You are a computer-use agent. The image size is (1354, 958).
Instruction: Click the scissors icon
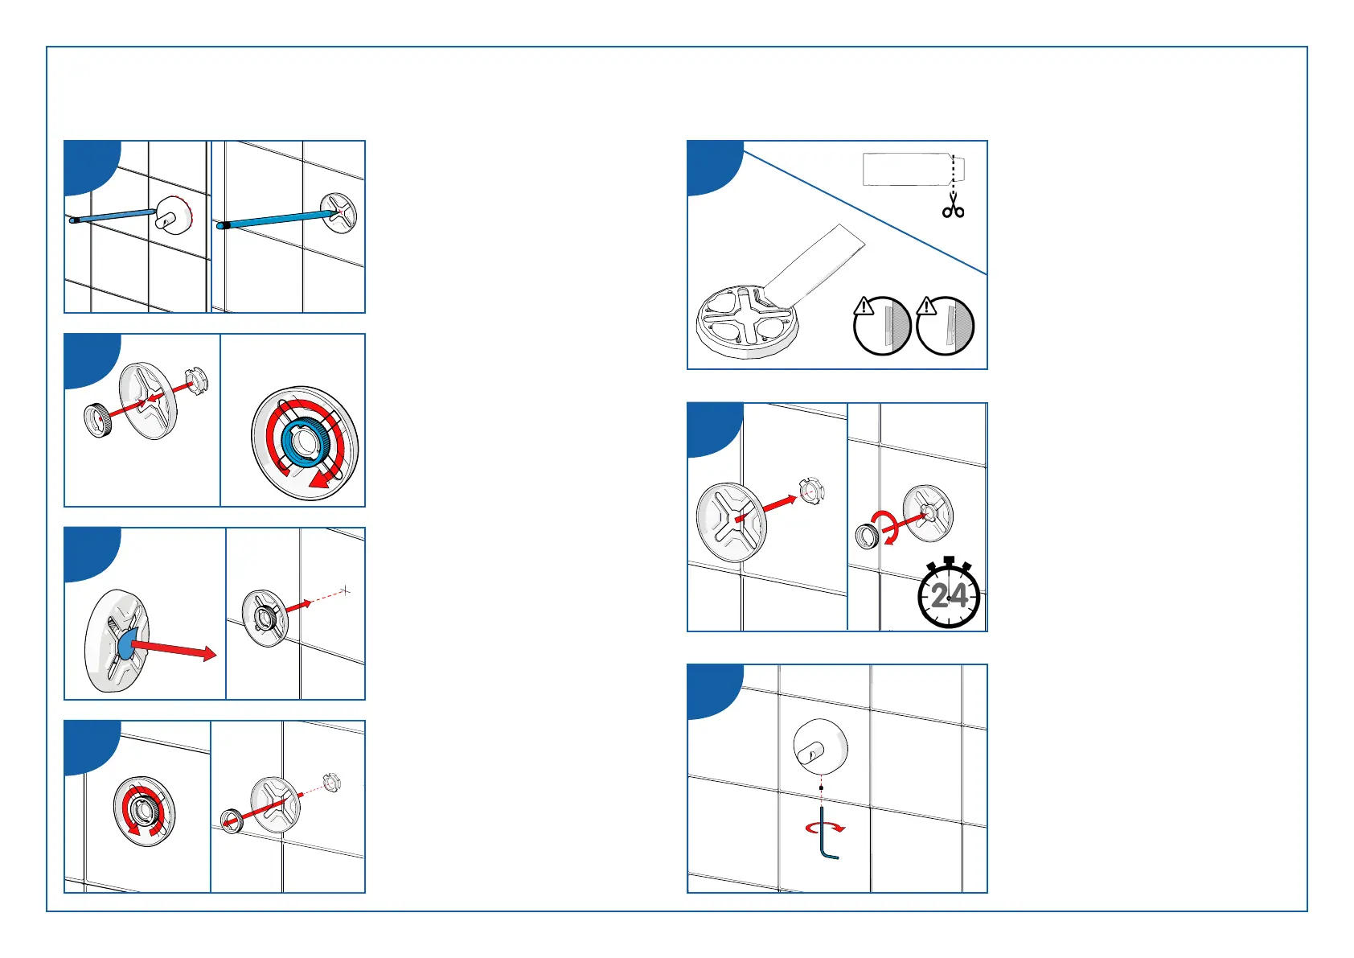954,205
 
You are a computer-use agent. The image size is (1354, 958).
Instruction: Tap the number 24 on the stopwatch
949,596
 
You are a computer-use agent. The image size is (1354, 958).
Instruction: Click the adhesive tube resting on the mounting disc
812,261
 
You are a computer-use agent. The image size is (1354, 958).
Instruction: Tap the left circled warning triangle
864,306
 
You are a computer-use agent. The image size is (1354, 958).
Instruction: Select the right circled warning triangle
927,306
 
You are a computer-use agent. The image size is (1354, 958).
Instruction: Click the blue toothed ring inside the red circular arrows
304,442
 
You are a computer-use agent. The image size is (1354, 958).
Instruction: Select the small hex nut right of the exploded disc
196,376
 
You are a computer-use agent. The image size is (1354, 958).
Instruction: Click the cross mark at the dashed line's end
346,591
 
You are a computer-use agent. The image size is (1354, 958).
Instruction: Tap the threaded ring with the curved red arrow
867,536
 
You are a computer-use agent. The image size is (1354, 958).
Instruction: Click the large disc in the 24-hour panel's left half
732,522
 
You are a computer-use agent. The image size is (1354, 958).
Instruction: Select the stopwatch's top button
949,560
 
